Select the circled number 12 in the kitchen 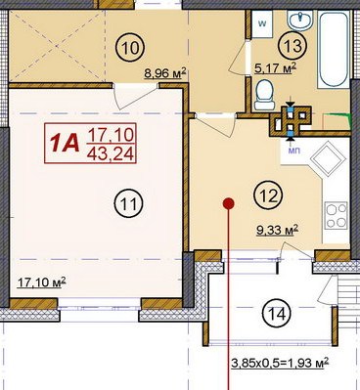(268, 195)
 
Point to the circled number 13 (292, 46)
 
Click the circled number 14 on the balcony (276, 314)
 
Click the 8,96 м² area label (165, 73)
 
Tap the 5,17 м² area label (276, 68)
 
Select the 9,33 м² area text (278, 231)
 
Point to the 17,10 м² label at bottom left (41, 282)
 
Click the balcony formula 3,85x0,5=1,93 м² (280, 363)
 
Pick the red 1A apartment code (65, 144)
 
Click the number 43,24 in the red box (111, 153)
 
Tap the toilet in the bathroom (264, 95)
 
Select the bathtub (333, 49)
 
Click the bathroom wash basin (300, 20)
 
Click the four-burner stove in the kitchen (337, 215)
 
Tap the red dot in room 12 (229, 203)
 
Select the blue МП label (294, 151)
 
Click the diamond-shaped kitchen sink (328, 159)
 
